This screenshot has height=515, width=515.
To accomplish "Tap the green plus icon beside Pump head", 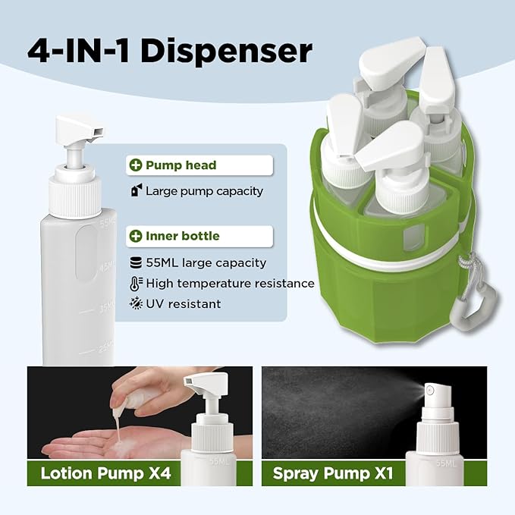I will pyautogui.click(x=136, y=165).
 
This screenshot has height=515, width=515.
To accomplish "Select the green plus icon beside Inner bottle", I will pyautogui.click(x=136, y=236).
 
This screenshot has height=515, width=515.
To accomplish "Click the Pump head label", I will pyautogui.click(x=181, y=165).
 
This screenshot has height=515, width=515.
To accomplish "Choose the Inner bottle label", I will pyautogui.click(x=182, y=236).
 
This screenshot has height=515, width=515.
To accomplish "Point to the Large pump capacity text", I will pyautogui.click(x=204, y=191).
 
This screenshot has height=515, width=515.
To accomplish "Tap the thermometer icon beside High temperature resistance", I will pyautogui.click(x=137, y=283).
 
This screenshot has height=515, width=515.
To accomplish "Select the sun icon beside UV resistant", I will pyautogui.click(x=137, y=303).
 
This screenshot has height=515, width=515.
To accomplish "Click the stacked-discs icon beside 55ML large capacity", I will pyautogui.click(x=137, y=263).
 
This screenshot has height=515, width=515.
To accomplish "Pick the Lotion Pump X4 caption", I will pyautogui.click(x=105, y=474).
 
